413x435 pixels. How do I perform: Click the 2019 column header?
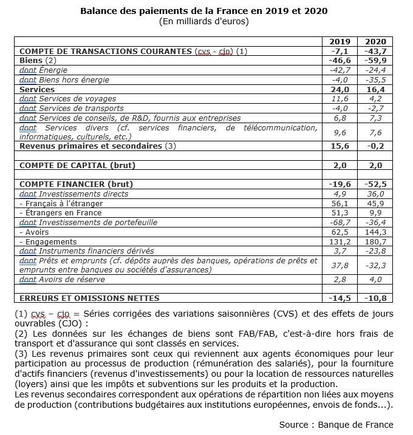pos(340,42)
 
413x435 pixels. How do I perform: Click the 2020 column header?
pos(375,42)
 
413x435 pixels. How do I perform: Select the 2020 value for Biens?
pos(375,61)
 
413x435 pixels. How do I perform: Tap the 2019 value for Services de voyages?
pos(340,98)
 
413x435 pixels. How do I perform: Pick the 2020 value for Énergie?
pos(375,70)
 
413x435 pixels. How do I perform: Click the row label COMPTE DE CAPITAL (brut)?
pos(77,165)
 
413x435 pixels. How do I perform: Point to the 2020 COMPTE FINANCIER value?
pos(375,184)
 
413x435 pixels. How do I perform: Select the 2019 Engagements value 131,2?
pos(340,241)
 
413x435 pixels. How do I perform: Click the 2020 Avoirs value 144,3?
pos(375,232)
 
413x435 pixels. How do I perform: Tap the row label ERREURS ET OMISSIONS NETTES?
pos(89,298)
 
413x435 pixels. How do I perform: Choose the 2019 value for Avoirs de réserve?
pos(340,279)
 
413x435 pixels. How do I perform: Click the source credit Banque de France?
pos(336,424)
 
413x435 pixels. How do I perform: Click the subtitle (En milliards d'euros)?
pos(204,21)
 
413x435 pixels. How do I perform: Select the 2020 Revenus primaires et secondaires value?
pos(375,146)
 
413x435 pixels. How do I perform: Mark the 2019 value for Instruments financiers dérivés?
pos(340,251)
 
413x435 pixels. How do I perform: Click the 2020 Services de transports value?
pos(375,108)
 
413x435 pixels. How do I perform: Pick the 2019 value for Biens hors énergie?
pos(340,79)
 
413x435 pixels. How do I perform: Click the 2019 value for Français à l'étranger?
pos(340,203)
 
